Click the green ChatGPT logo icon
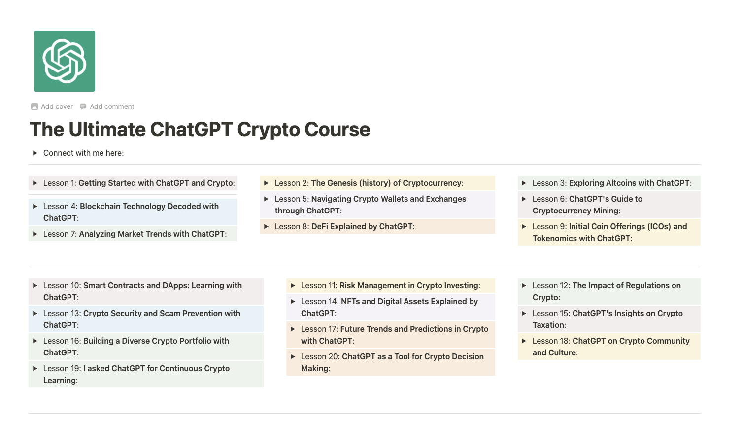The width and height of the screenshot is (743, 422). coord(65,61)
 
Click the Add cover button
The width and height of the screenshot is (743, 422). coord(52,106)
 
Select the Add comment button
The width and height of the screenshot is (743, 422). coord(107,106)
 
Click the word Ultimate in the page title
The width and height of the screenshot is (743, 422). coord(107,130)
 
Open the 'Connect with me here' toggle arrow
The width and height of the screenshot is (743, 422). coord(35,153)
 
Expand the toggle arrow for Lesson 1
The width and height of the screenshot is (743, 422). coord(35,183)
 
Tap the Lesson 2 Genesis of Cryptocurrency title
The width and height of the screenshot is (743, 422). coord(387,183)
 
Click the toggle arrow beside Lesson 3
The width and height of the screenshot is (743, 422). coord(524,183)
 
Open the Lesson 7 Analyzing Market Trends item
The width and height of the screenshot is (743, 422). coord(152,234)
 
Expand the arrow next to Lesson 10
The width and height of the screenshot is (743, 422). coord(35,286)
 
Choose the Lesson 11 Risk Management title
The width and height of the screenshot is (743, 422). coord(409,286)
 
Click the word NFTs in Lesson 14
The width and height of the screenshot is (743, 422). coord(350,302)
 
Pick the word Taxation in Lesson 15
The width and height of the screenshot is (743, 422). coord(548,325)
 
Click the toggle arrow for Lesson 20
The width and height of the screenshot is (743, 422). coord(293,357)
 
